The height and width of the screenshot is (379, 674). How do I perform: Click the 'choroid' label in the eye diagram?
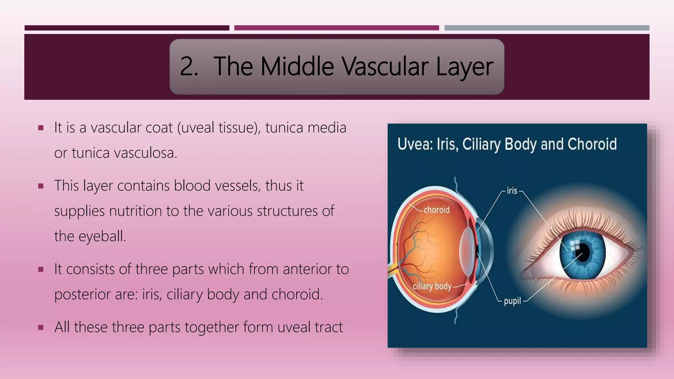(x=436, y=210)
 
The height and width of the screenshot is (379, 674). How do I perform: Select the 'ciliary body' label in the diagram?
(x=432, y=286)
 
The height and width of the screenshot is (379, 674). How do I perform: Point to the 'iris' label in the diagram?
(x=512, y=191)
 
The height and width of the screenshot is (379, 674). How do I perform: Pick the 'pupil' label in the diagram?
(x=512, y=301)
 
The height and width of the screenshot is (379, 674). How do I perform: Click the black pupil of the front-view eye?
(x=583, y=252)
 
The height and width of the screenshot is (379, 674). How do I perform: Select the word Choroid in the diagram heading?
(x=592, y=144)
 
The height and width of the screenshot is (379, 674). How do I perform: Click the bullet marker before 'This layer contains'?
(x=41, y=186)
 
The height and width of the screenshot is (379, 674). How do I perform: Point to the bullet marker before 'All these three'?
(x=41, y=327)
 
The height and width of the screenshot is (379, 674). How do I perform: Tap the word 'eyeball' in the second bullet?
(x=102, y=236)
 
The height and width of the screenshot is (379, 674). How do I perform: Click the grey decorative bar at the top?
(x=547, y=28)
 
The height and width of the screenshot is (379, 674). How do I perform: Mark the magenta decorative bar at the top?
(x=336, y=28)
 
